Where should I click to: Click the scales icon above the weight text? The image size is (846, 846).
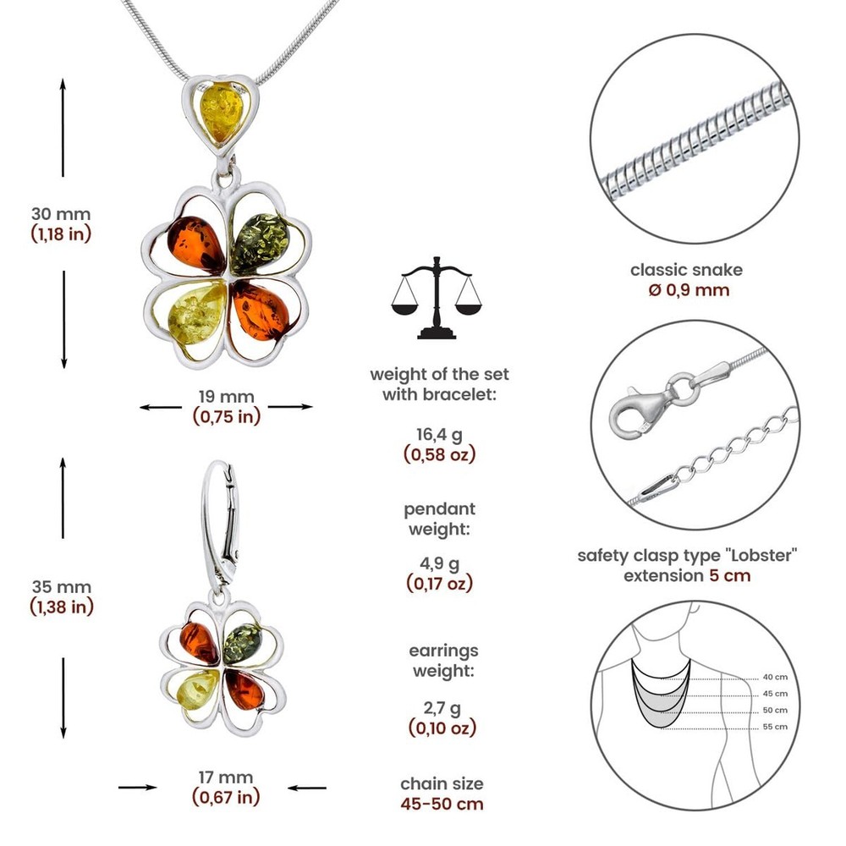pyautogui.click(x=436, y=298)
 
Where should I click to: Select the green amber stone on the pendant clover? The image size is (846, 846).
pyautogui.click(x=260, y=242)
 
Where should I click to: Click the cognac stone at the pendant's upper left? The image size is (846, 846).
pyautogui.click(x=196, y=245)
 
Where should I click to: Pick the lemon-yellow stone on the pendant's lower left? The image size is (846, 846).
pyautogui.click(x=196, y=314)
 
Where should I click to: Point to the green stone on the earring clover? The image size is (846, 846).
pyautogui.click(x=242, y=644)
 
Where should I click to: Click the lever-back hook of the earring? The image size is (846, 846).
pyautogui.click(x=221, y=526)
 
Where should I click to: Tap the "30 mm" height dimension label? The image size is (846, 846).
pyautogui.click(x=61, y=214)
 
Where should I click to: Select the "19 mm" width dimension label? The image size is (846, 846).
pyautogui.click(x=226, y=397)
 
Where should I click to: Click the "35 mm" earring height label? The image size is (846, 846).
pyautogui.click(x=61, y=587)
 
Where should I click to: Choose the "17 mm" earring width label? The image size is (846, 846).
pyautogui.click(x=226, y=777)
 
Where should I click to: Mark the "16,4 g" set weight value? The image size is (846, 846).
pyautogui.click(x=439, y=434)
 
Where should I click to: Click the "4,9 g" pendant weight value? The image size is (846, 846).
pyautogui.click(x=439, y=563)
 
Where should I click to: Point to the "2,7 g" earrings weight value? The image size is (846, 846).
pyautogui.click(x=442, y=707)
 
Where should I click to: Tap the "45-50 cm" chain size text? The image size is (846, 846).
pyautogui.click(x=442, y=804)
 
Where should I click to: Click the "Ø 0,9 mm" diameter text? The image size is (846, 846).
pyautogui.click(x=689, y=289)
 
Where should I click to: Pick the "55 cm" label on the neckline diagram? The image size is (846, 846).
pyautogui.click(x=775, y=727)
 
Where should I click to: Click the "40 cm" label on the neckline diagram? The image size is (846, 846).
pyautogui.click(x=775, y=677)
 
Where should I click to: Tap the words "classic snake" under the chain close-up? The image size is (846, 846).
pyautogui.click(x=686, y=270)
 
